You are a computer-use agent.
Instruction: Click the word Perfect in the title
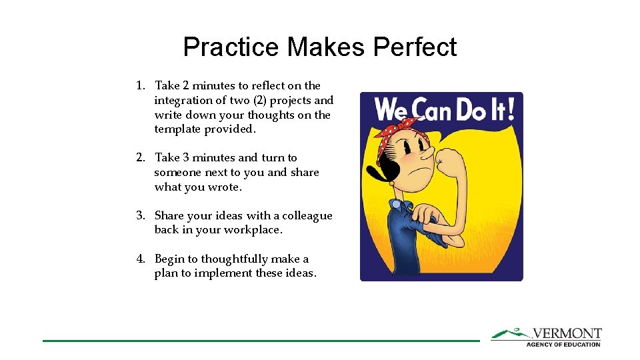[x=415, y=47]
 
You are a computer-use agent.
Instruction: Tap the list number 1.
[x=140, y=86]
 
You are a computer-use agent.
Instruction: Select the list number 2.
[x=140, y=158]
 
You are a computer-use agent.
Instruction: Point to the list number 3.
[x=140, y=215]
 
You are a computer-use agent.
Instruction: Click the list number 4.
[x=140, y=259]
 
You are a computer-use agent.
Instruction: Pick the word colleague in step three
[x=307, y=215]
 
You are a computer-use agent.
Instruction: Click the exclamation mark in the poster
[x=510, y=109]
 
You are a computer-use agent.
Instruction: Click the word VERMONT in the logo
[x=566, y=333]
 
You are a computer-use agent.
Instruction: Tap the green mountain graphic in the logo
[x=510, y=333]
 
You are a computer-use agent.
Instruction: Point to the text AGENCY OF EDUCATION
[x=563, y=344]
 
